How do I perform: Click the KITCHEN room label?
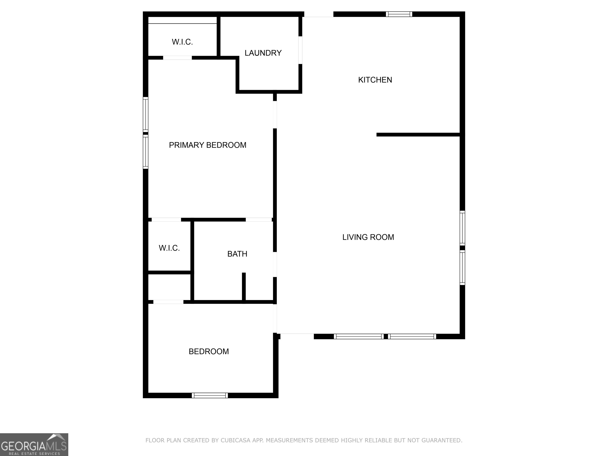375,80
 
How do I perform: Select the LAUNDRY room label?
263,53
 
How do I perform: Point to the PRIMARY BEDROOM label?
208,145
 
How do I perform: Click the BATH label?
237,254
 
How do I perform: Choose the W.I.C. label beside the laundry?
182,42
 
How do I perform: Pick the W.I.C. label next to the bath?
169,248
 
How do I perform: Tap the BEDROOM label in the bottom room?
209,351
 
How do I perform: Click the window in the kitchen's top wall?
399,14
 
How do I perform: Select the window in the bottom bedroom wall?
210,395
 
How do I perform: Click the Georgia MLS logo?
34,445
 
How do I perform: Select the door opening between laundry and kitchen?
300,50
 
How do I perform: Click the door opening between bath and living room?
275,264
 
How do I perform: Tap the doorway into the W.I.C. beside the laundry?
177,58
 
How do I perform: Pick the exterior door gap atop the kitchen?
319,14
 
